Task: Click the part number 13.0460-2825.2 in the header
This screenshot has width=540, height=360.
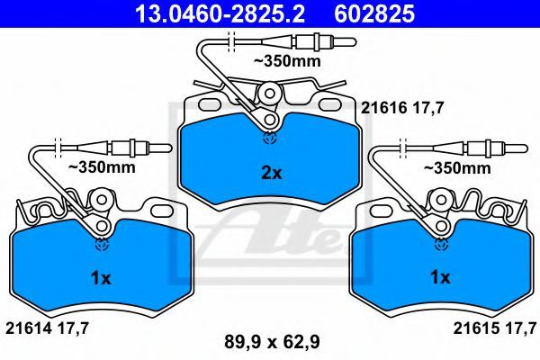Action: [220, 13]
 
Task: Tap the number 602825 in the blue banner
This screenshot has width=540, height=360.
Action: [374, 13]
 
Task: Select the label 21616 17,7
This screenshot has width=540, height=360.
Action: [402, 109]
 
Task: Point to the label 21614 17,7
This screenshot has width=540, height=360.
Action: [48, 328]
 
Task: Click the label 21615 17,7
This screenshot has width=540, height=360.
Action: [495, 328]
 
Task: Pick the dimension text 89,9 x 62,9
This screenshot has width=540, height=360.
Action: [272, 342]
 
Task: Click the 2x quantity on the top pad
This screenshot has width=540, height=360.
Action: [272, 173]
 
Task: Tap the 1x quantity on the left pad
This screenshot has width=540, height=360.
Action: [101, 278]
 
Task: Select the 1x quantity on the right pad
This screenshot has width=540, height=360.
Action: [440, 277]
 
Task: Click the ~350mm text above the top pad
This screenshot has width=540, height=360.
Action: [287, 61]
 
